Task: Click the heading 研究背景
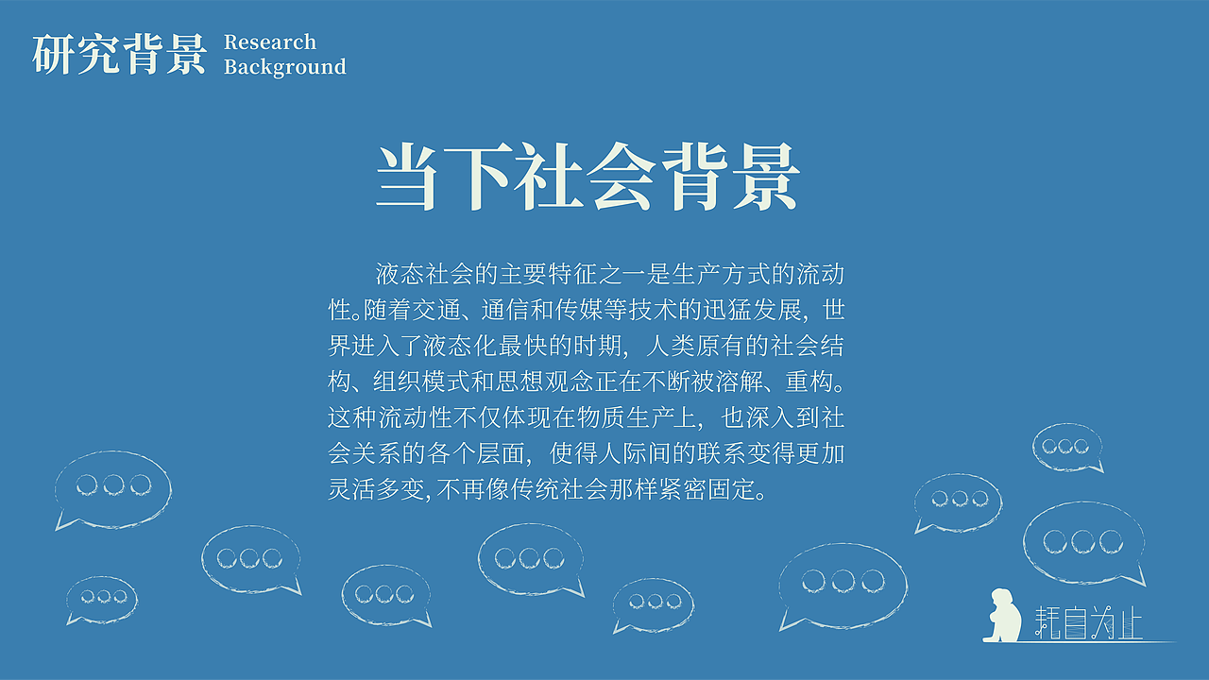click(x=119, y=54)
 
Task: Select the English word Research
click(x=270, y=42)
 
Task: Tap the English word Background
click(x=285, y=67)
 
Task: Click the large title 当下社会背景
click(x=587, y=178)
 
